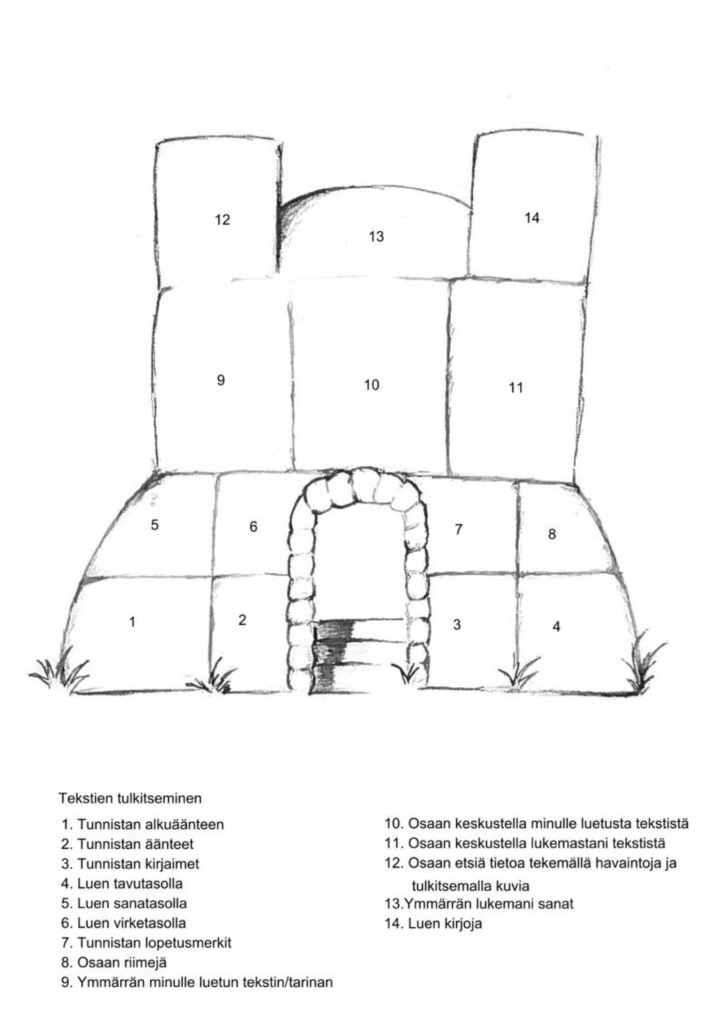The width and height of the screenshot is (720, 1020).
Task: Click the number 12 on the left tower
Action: [x=222, y=220]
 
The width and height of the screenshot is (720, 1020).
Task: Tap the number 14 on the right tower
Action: [x=532, y=218]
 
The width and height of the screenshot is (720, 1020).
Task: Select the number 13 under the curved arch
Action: [x=376, y=236]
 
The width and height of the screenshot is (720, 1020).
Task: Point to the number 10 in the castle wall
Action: [x=371, y=385]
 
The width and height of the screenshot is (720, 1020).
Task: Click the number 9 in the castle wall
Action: [x=220, y=379]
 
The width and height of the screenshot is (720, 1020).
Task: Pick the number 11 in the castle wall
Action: [x=515, y=388]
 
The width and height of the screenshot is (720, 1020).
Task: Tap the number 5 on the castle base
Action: [x=154, y=524]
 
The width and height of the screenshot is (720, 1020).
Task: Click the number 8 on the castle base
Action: [x=552, y=534]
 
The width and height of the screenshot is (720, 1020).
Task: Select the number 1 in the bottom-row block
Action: [x=132, y=622]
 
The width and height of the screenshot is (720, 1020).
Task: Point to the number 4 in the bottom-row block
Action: [x=556, y=626]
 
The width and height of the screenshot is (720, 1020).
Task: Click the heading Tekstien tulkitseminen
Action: [x=130, y=798]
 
